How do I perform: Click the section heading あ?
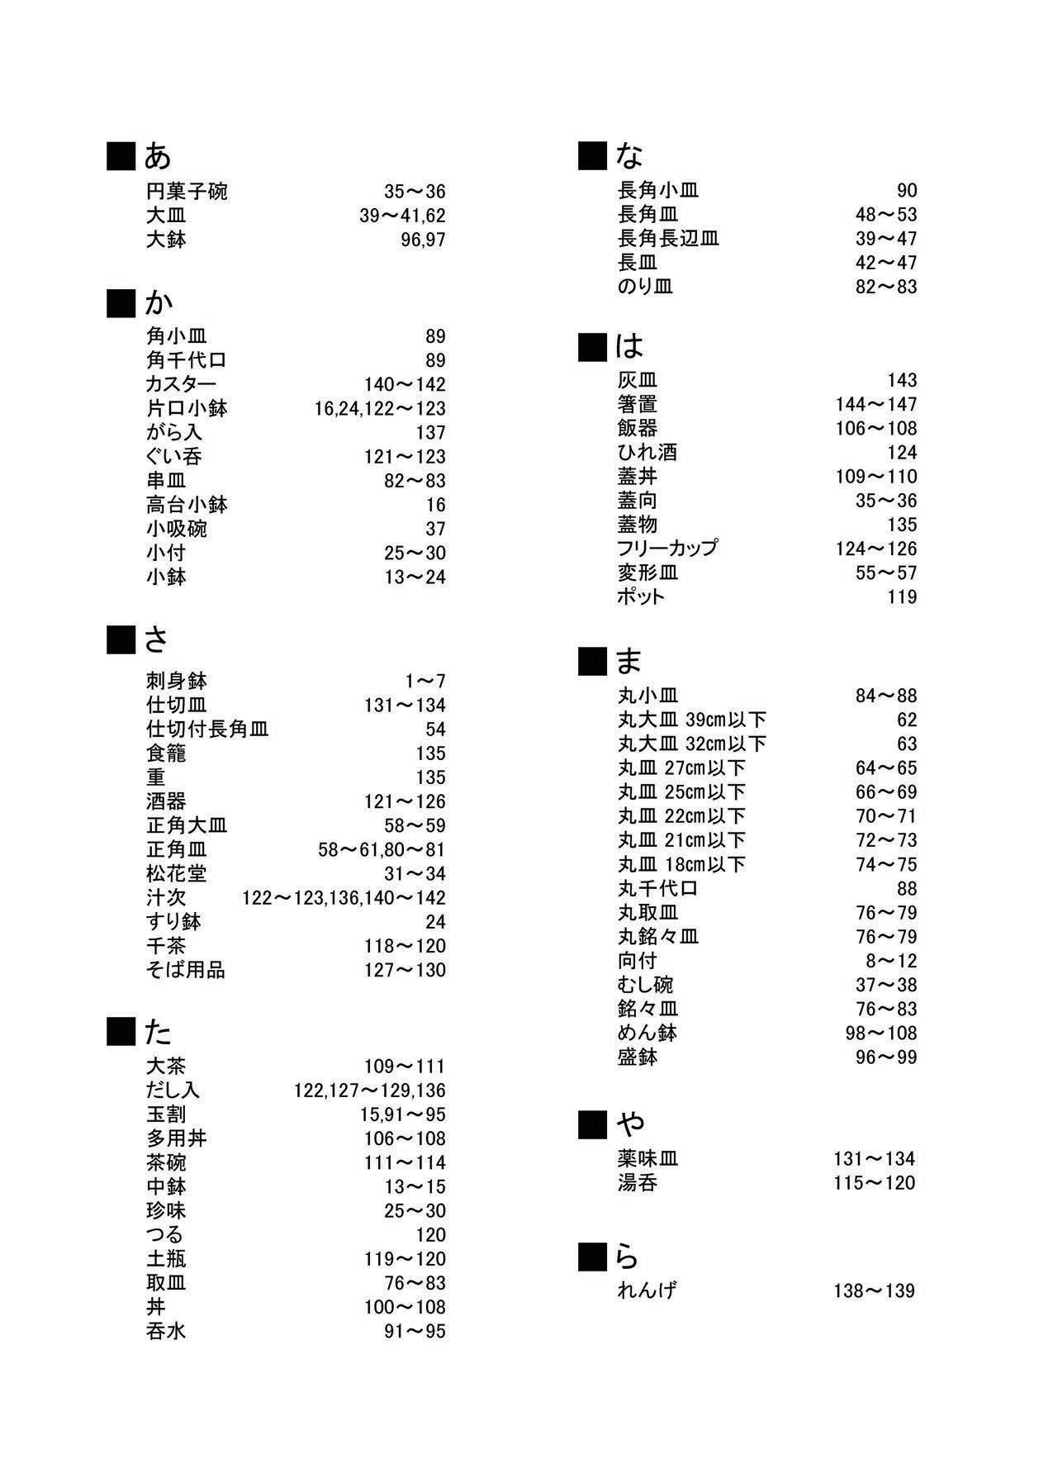(157, 155)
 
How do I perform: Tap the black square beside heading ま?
(591, 661)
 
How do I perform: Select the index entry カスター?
(181, 384)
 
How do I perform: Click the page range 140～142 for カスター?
(405, 384)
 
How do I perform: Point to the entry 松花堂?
(177, 873)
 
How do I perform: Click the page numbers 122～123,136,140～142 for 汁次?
(344, 897)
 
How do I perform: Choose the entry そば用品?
(186, 970)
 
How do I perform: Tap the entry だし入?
(173, 1090)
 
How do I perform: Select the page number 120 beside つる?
(430, 1234)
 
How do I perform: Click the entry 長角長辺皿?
(668, 239)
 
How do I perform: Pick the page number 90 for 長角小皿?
(907, 191)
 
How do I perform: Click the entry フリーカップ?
(667, 549)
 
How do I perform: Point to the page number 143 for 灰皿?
(902, 380)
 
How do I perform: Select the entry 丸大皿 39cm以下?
(692, 720)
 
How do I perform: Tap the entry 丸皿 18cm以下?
(681, 864)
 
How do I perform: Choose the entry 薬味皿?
(647, 1159)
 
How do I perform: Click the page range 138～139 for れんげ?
(874, 1290)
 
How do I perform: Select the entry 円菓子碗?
(187, 192)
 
